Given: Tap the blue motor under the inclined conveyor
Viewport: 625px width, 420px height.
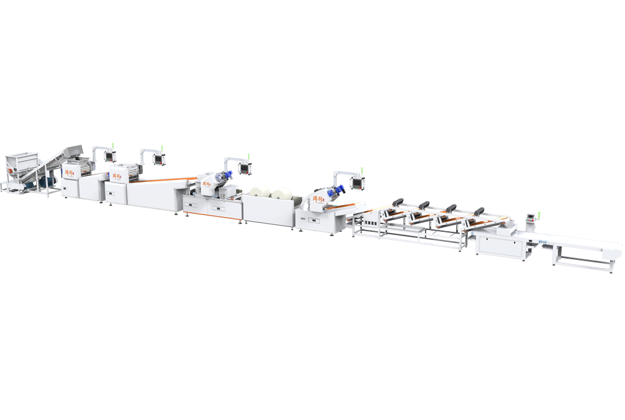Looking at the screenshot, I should [x=44, y=181].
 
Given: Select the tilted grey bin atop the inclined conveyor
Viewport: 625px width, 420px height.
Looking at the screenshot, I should [x=74, y=151].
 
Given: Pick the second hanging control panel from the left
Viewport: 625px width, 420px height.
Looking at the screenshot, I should [x=159, y=159].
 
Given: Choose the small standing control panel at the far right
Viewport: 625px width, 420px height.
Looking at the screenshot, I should [x=531, y=217].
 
